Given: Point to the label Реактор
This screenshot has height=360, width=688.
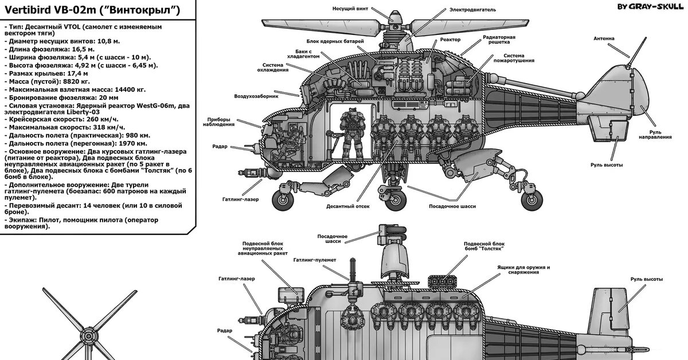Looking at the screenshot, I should [451, 40].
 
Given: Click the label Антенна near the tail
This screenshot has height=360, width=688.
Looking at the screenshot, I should [604, 38].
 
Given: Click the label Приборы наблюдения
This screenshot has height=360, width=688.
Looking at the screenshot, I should [218, 123].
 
